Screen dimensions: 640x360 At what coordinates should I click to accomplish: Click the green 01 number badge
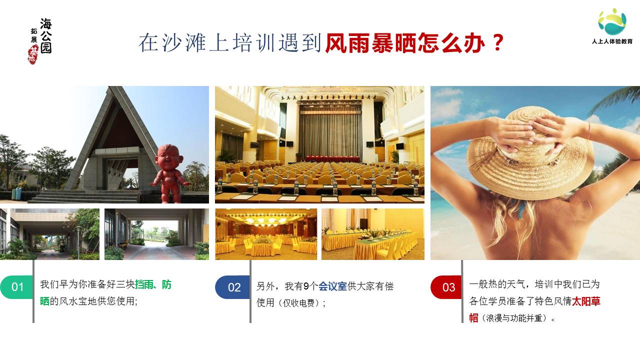(x=16, y=287)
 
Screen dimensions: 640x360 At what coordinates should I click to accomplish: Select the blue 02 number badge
(x=232, y=287)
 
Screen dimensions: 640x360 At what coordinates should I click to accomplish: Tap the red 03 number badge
(x=446, y=287)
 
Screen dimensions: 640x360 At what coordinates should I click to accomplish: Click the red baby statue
(x=169, y=173)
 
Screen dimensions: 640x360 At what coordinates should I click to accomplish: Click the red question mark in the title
(x=498, y=43)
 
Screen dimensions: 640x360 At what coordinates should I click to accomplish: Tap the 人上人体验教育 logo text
(x=612, y=41)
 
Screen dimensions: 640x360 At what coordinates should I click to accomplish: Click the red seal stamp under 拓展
(x=33, y=55)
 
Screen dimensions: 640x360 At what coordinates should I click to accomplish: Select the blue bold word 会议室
(x=332, y=286)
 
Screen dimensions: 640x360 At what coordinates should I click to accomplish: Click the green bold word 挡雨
(x=144, y=284)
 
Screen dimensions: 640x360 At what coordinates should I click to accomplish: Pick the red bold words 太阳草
(x=586, y=301)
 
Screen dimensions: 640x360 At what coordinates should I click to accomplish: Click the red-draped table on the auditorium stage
(x=333, y=159)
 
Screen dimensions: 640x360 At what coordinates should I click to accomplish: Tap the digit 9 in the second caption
(x=306, y=286)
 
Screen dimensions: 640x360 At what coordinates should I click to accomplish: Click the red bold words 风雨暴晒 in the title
(x=371, y=43)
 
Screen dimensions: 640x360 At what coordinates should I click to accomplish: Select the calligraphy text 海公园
(x=45, y=36)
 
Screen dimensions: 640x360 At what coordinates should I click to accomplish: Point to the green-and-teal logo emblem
(x=612, y=21)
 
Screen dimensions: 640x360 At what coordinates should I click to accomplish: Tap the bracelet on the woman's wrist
(x=589, y=130)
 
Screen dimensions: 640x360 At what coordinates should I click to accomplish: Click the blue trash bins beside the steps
(x=16, y=194)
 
